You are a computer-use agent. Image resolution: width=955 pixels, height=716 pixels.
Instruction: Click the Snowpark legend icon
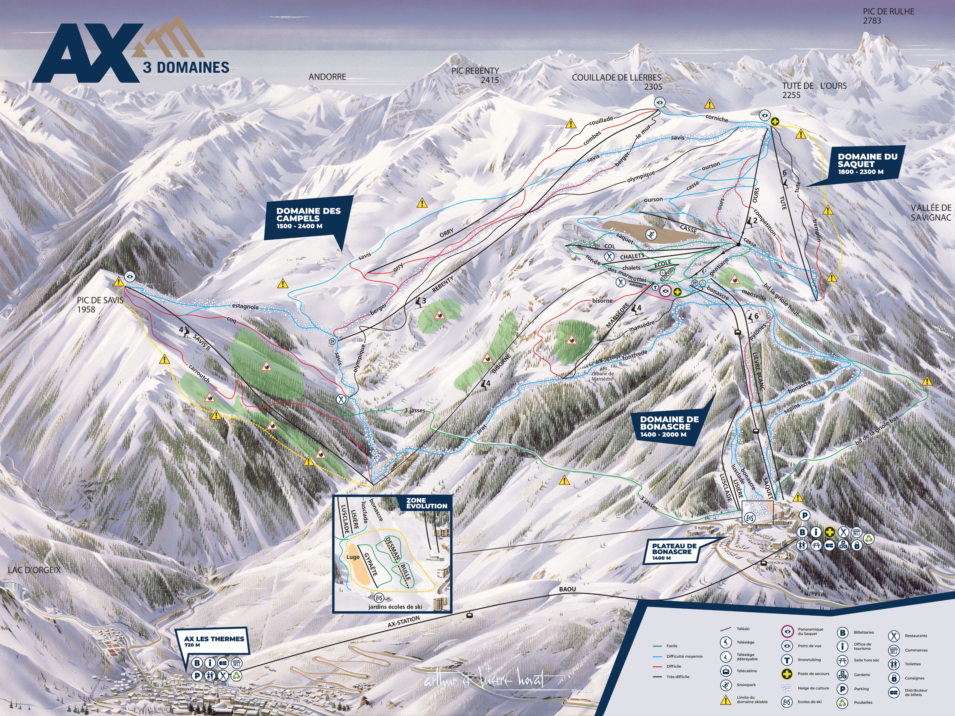coord(726,685)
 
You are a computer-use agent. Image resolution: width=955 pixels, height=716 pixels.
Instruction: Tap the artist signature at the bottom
coord(484,681)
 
